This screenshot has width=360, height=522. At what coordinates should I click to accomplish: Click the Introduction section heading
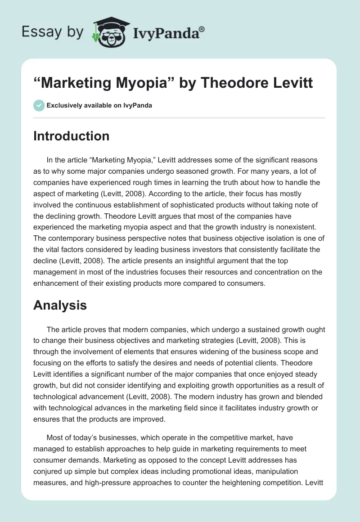coord(71,136)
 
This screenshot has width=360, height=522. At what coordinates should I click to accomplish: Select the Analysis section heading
coord(60,305)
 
